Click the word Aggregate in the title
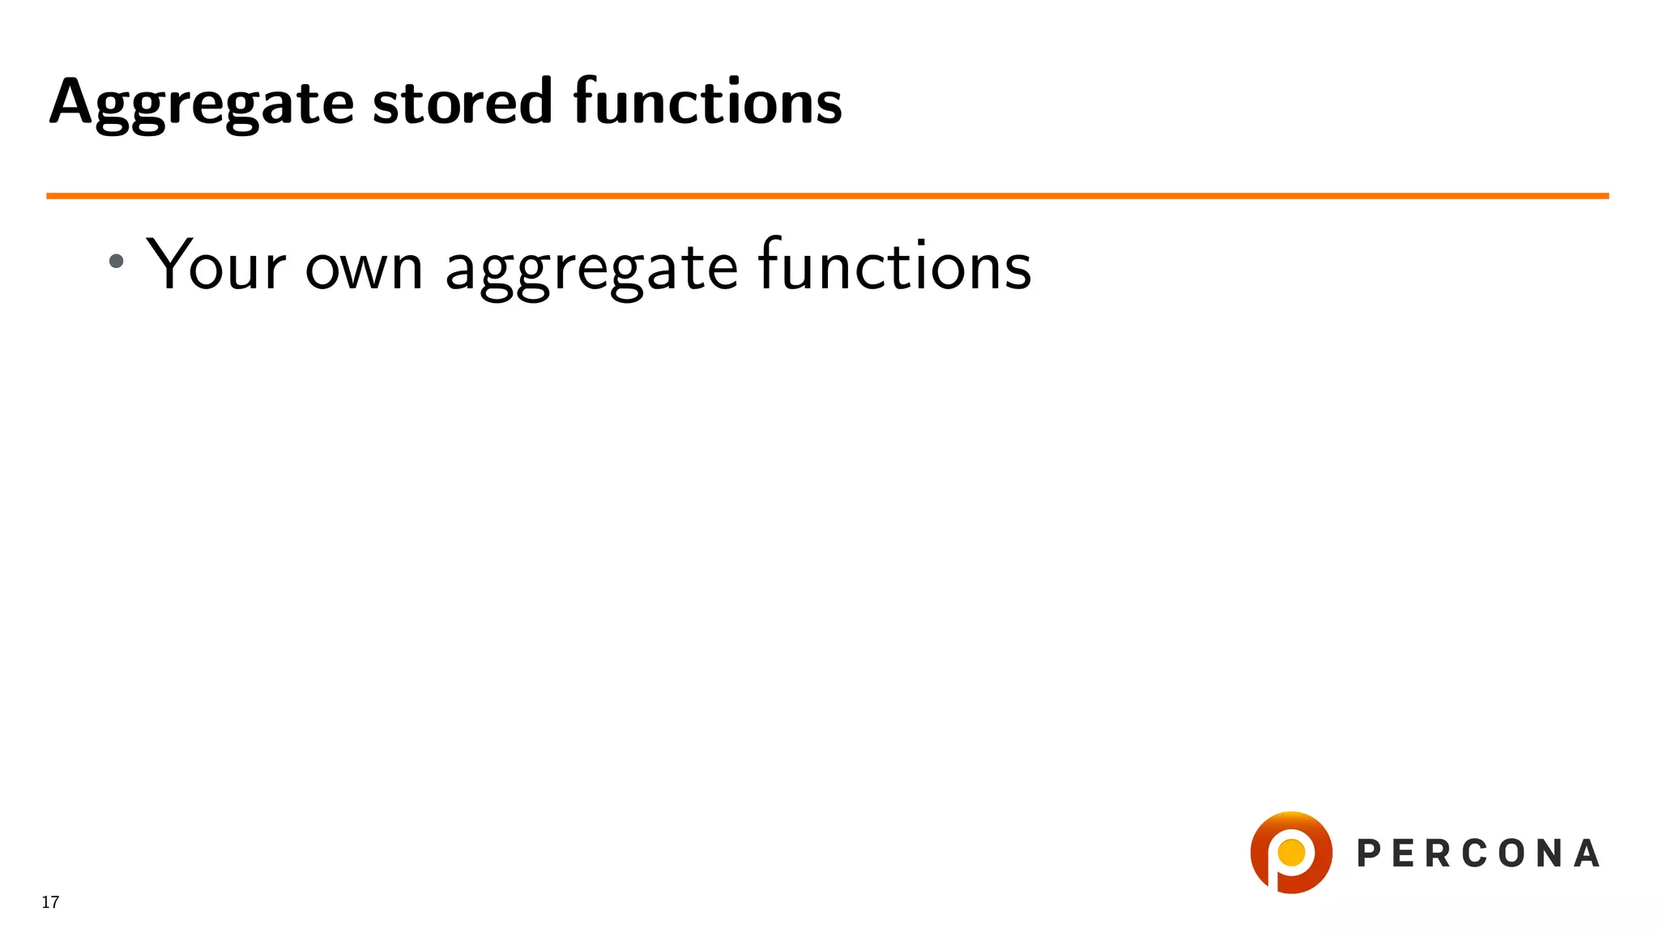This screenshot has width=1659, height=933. tap(201, 104)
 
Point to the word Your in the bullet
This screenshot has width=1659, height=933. tap(216, 265)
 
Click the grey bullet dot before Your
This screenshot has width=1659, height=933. tap(117, 261)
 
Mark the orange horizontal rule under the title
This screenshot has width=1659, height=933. tap(826, 196)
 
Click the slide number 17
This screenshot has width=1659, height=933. tap(50, 902)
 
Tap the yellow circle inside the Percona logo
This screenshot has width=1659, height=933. tap(1290, 852)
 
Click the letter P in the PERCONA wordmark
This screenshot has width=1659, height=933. tap(1369, 854)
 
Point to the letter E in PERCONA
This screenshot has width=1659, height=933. tap(1405, 854)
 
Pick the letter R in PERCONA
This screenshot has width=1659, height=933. tap(1440, 854)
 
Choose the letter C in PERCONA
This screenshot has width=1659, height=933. tap(1476, 854)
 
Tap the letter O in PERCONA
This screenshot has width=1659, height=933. tap(1513, 854)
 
